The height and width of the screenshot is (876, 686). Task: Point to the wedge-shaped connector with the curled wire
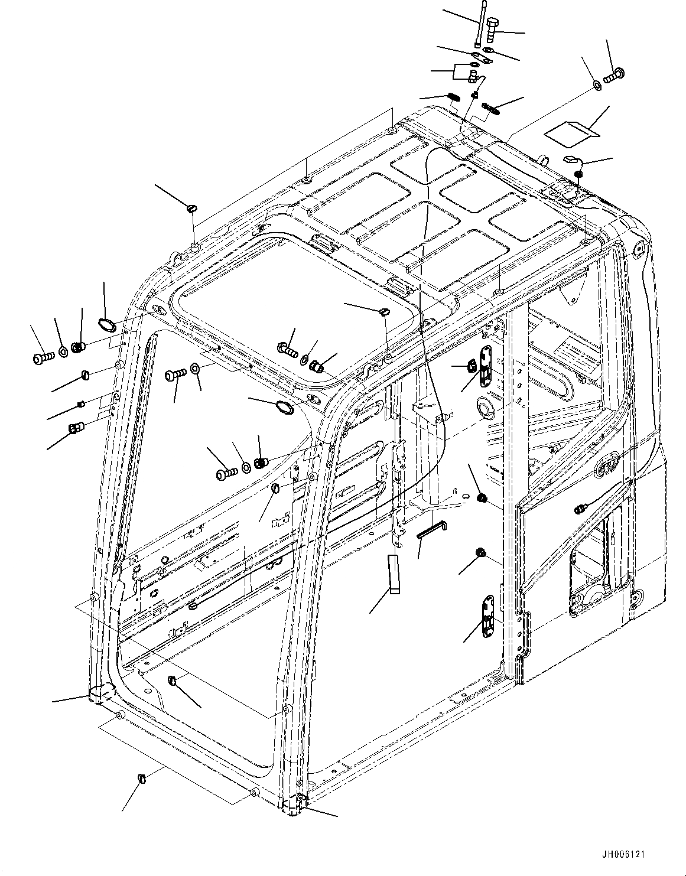click(x=571, y=158)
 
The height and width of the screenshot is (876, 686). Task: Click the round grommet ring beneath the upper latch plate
click(x=486, y=407)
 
